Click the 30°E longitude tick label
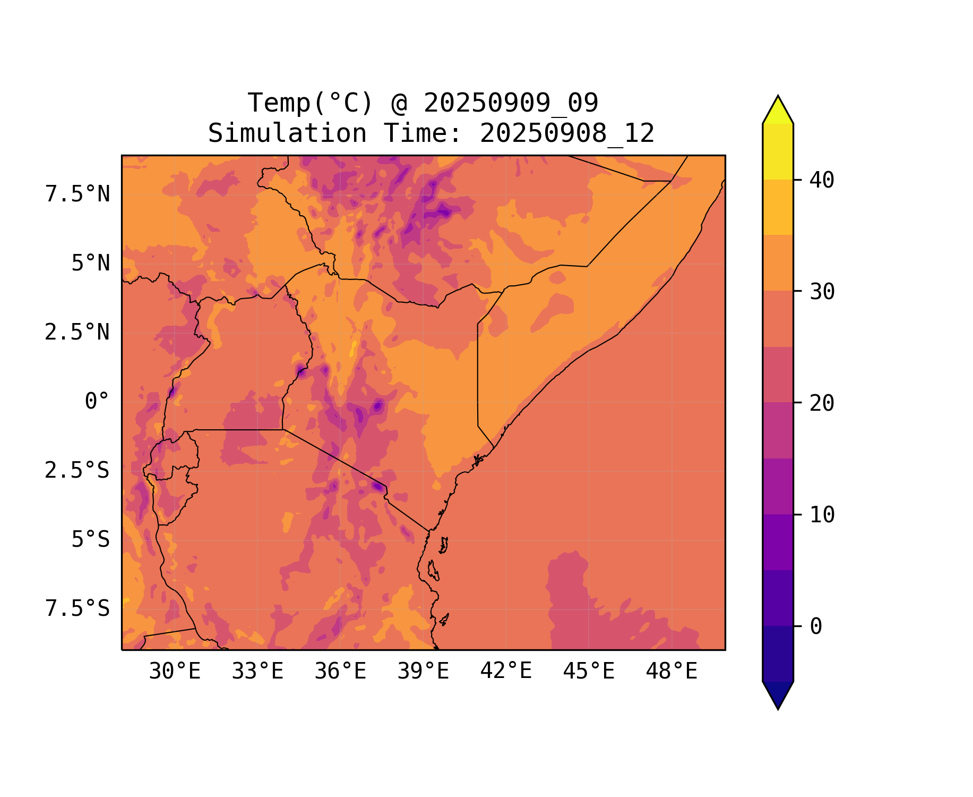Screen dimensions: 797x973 point(175,672)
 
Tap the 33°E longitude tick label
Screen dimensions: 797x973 point(257,672)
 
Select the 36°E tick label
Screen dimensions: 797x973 point(340,672)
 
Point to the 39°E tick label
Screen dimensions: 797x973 point(423,672)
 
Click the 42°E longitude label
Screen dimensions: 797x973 point(506,671)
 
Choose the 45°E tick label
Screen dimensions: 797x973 point(589,672)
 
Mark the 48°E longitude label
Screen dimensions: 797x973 point(671,672)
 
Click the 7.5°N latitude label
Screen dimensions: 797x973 point(78,194)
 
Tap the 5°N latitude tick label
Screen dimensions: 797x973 point(91,264)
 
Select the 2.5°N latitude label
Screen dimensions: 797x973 point(78,333)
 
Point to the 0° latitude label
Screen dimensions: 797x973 point(97,402)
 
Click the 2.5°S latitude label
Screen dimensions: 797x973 point(78,471)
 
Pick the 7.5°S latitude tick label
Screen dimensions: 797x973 point(78,609)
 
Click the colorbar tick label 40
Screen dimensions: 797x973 point(822,180)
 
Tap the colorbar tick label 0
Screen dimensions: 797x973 point(816,627)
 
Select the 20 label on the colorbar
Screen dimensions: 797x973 point(822,403)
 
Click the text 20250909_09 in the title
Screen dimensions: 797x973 point(511,103)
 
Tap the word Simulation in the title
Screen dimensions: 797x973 point(287,133)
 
